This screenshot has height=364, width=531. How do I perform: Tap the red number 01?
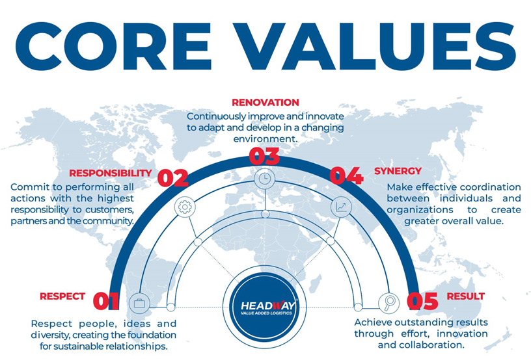click(106, 301)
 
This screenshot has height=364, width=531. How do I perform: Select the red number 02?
click(172, 177)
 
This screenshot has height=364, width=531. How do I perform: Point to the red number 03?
click(264, 156)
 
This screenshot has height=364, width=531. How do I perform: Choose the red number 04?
click(347, 175)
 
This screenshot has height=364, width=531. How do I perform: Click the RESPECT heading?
click(62, 296)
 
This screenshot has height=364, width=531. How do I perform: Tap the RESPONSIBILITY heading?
click(111, 173)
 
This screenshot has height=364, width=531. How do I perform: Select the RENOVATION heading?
click(265, 103)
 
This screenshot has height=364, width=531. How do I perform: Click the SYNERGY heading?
click(398, 171)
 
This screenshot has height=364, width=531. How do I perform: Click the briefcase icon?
click(139, 303)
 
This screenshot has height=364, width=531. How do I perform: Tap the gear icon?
click(185, 207)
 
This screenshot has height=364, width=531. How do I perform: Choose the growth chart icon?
click(341, 207)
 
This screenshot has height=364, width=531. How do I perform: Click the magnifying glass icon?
click(388, 302)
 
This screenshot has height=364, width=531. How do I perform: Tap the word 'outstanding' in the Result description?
click(435, 322)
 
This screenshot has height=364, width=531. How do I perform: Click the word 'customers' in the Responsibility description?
click(108, 209)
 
